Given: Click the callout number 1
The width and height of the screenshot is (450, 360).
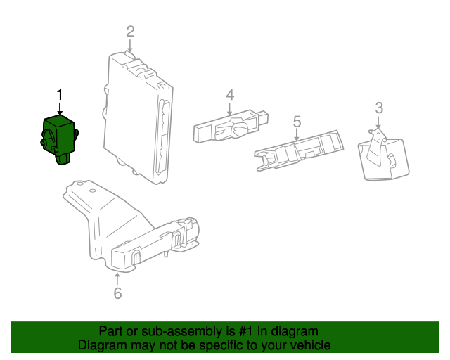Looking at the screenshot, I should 60,94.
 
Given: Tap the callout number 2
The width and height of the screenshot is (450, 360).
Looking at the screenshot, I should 130,30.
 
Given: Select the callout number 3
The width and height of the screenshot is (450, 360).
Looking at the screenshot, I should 379,108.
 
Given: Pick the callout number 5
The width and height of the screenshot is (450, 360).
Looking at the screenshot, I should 297,122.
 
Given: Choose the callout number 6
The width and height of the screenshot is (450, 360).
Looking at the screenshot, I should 117,292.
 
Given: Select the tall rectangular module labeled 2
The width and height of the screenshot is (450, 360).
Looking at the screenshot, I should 139,116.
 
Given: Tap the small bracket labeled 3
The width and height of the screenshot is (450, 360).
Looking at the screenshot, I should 383,157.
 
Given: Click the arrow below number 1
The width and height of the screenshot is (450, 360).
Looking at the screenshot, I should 60,108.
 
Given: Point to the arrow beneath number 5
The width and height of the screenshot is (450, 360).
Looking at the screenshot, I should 297,136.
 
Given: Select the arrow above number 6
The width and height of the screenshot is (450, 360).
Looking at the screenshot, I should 117,278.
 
